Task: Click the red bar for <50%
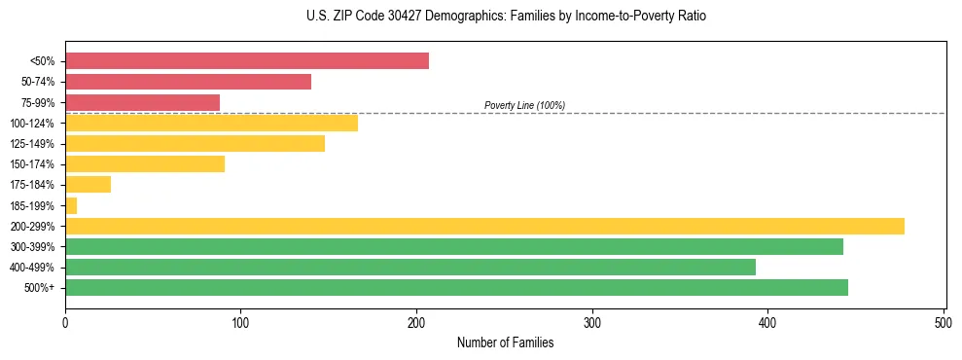pos(247,61)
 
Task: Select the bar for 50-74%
pos(188,82)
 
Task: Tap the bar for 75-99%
pos(142,102)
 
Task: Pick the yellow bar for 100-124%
pos(211,123)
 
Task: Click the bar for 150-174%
pos(145,163)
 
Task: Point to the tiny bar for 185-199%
pos(71,205)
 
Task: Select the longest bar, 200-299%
pos(484,226)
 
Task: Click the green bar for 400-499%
pos(410,267)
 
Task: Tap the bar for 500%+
pos(456,287)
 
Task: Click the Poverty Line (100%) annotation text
pos(524,105)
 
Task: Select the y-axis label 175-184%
pos(32,185)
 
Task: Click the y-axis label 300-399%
pos(32,247)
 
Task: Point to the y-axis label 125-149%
pos(32,144)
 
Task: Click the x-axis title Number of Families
pos(505,342)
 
